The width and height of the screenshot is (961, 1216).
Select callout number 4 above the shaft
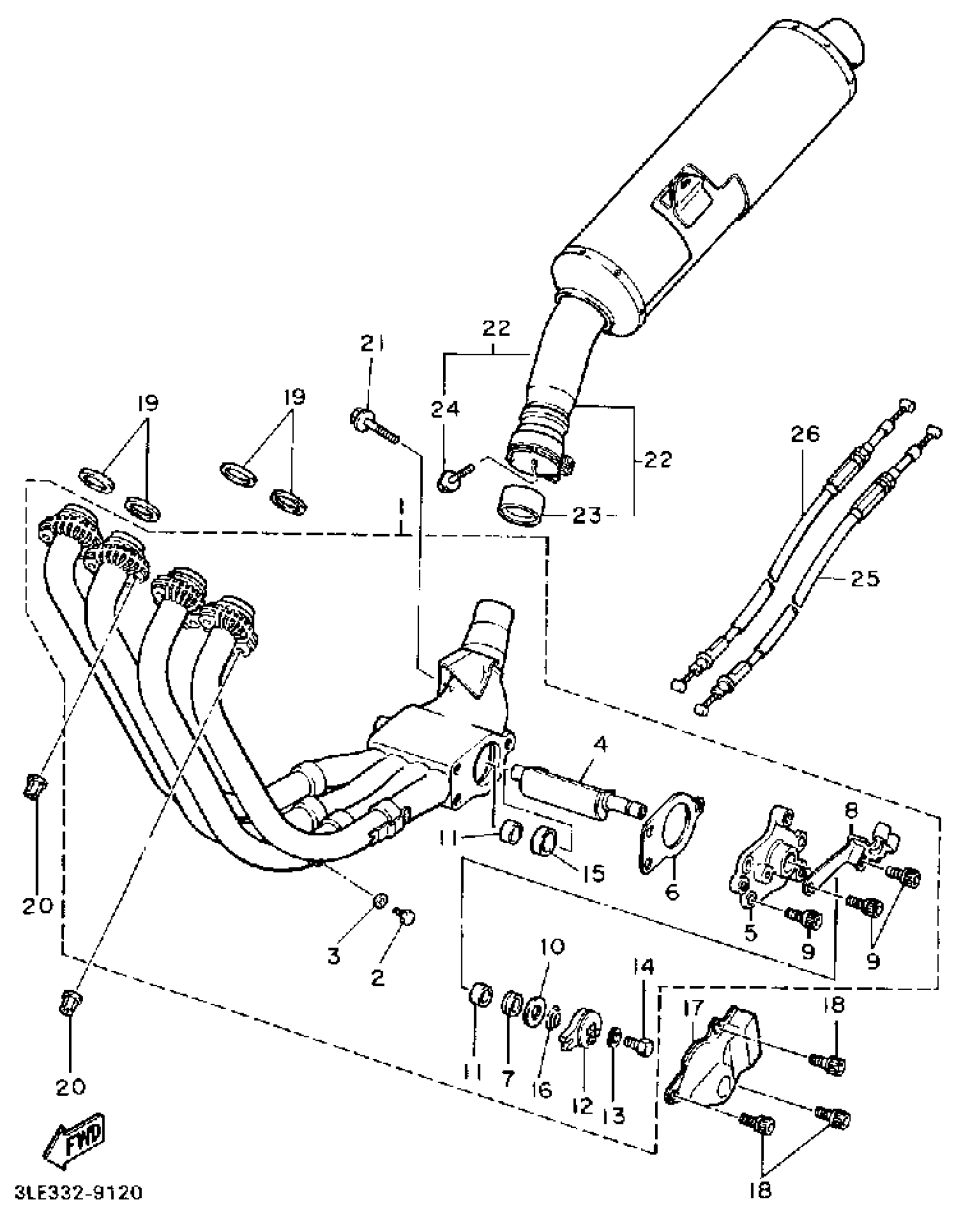601,744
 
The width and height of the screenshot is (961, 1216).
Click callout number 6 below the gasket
672,891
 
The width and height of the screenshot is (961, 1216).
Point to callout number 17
694,1007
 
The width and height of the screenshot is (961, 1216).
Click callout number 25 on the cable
864,578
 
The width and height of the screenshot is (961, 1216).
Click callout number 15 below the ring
591,873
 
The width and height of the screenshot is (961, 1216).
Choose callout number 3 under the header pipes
334,956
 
